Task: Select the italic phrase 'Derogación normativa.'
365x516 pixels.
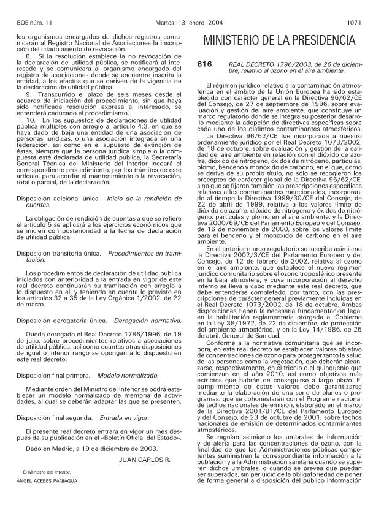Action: tap(137, 319)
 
